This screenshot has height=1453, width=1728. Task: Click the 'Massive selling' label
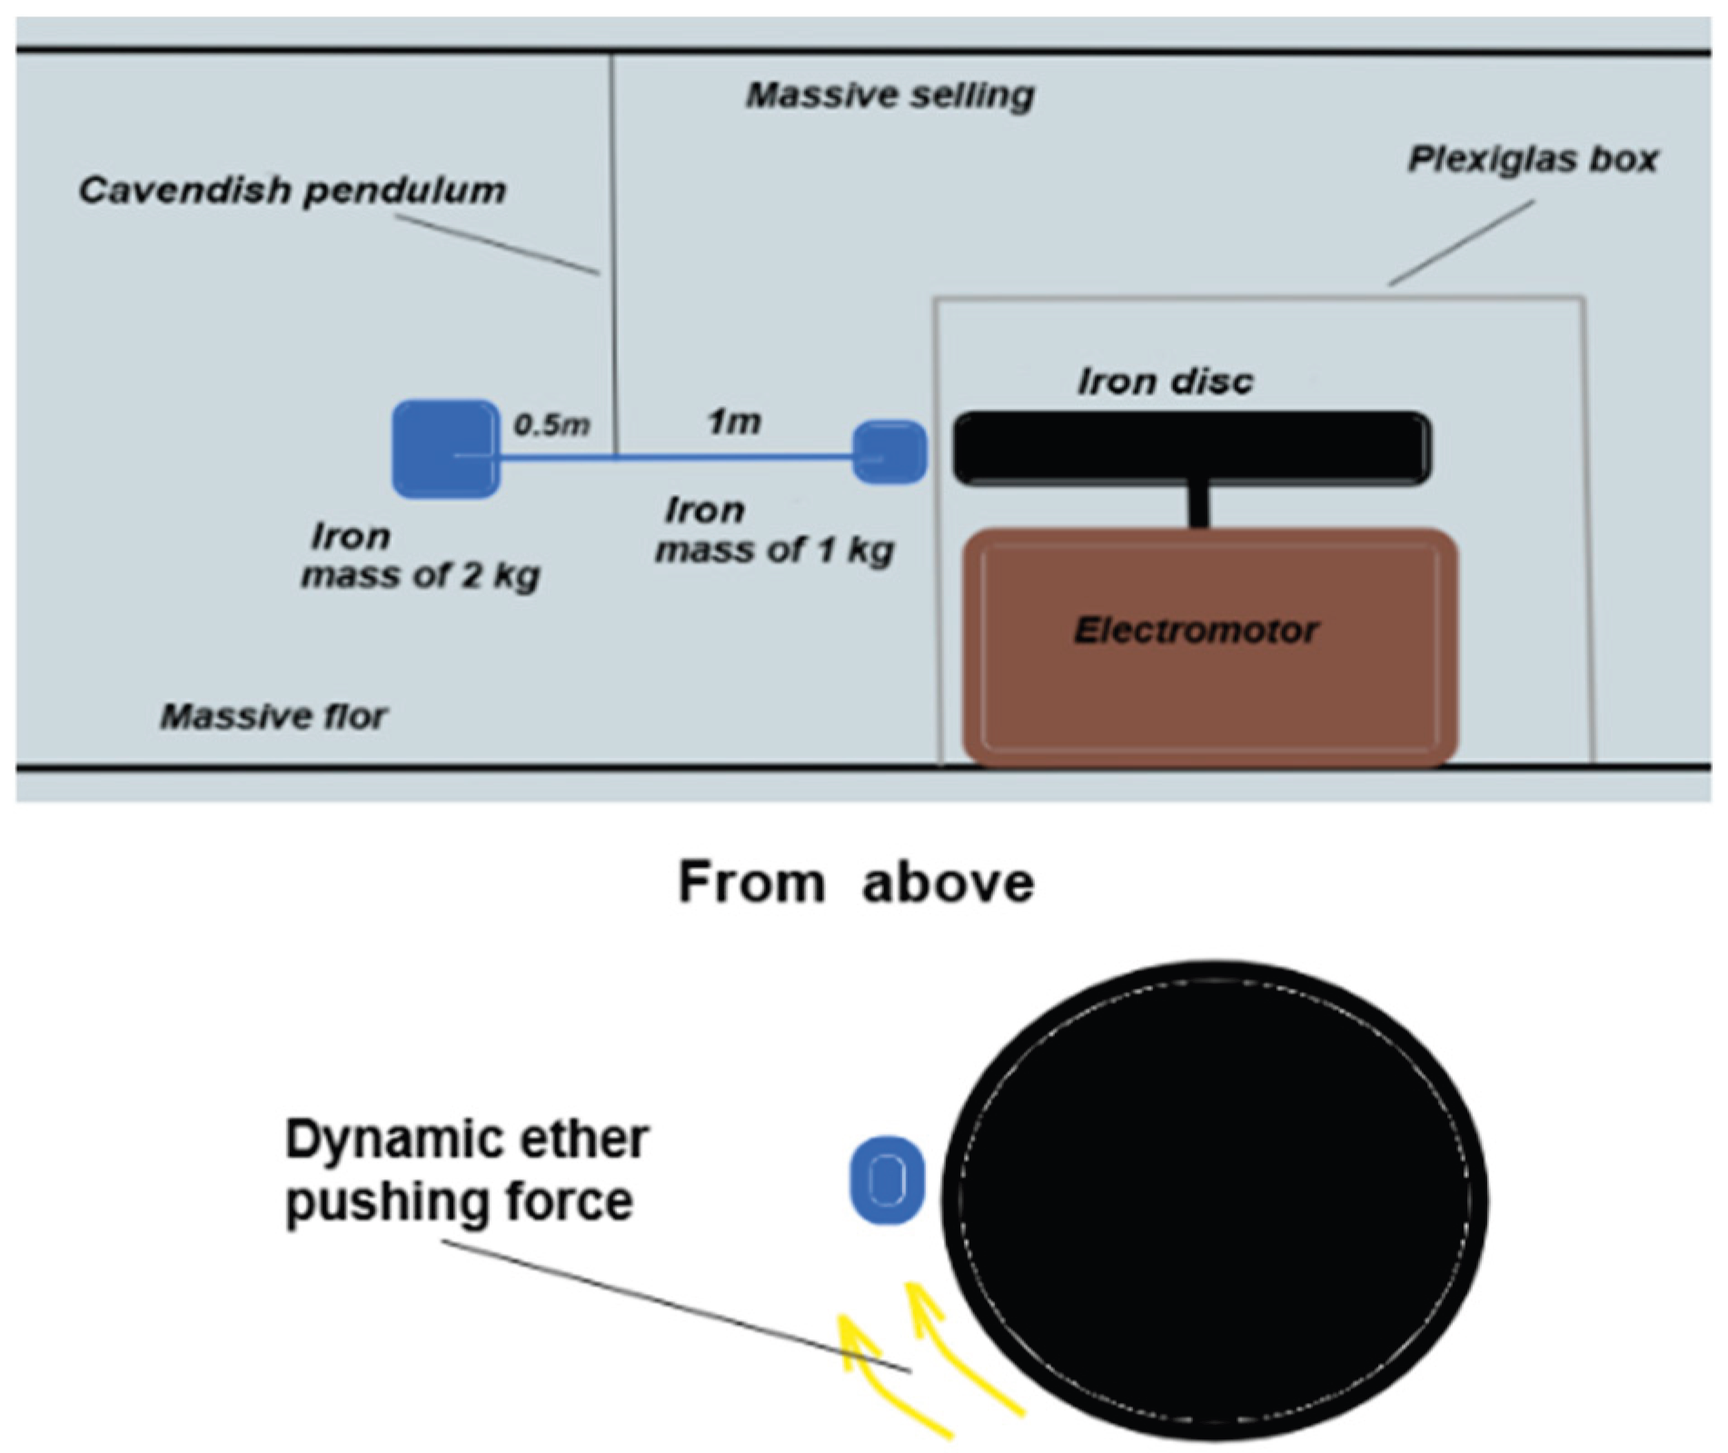(889, 95)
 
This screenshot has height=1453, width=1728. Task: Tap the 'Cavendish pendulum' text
(292, 191)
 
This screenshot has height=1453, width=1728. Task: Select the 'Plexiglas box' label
(1533, 160)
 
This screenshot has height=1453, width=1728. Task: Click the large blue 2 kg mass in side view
(445, 449)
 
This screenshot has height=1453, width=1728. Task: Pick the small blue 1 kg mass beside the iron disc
(889, 452)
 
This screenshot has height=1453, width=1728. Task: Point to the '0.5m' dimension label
(551, 424)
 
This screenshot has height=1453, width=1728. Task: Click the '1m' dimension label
(734, 422)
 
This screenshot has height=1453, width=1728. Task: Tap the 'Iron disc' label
(1165, 382)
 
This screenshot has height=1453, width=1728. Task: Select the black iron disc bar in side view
(1191, 448)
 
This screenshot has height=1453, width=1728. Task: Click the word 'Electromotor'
(1196, 630)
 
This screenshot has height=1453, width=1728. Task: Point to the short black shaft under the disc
(1199, 506)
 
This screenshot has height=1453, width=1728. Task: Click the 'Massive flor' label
(273, 717)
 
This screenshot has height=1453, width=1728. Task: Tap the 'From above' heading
(856, 882)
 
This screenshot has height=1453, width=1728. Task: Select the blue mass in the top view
(887, 1179)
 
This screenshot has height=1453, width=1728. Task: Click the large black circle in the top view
(1214, 1199)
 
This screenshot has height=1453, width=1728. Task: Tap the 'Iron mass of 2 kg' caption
(420, 556)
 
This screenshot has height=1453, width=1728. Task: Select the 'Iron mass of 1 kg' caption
(774, 531)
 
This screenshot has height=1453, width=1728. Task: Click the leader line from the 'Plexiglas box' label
(1461, 243)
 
